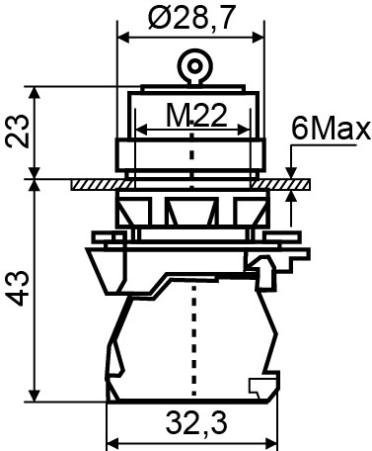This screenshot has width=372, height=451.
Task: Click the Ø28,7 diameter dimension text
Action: [x=192, y=18]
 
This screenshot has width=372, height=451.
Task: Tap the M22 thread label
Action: [x=196, y=116]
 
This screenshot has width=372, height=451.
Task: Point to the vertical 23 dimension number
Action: [x=17, y=131]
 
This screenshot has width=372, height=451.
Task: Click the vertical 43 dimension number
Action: [x=17, y=289]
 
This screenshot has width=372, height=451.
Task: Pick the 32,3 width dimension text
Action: [x=196, y=422]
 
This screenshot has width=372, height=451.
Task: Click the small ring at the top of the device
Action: [x=195, y=66]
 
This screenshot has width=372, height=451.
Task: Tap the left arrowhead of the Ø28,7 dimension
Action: [x=123, y=38]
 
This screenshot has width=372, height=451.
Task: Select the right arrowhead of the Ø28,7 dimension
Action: [x=259, y=38]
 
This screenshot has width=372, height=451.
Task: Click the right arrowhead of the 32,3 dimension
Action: [x=271, y=442]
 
